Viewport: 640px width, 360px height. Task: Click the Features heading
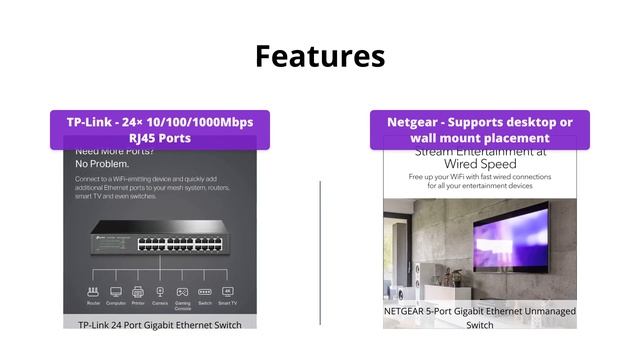tap(320, 56)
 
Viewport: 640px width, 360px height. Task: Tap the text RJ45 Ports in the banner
tap(160, 138)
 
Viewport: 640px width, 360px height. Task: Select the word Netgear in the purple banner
tap(413, 122)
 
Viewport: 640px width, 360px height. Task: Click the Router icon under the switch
tap(93, 292)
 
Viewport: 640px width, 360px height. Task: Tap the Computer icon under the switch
tap(115, 292)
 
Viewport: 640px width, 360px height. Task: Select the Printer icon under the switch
tap(137, 292)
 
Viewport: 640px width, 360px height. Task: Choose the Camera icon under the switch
tap(159, 292)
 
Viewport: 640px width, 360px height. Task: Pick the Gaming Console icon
tap(182, 292)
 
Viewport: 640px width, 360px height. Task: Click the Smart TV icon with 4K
tap(227, 292)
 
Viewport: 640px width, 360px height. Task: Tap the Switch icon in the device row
tap(205, 292)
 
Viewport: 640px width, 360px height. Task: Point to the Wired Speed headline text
tap(481, 163)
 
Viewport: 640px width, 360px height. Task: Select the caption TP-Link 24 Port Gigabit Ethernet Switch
tap(160, 324)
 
